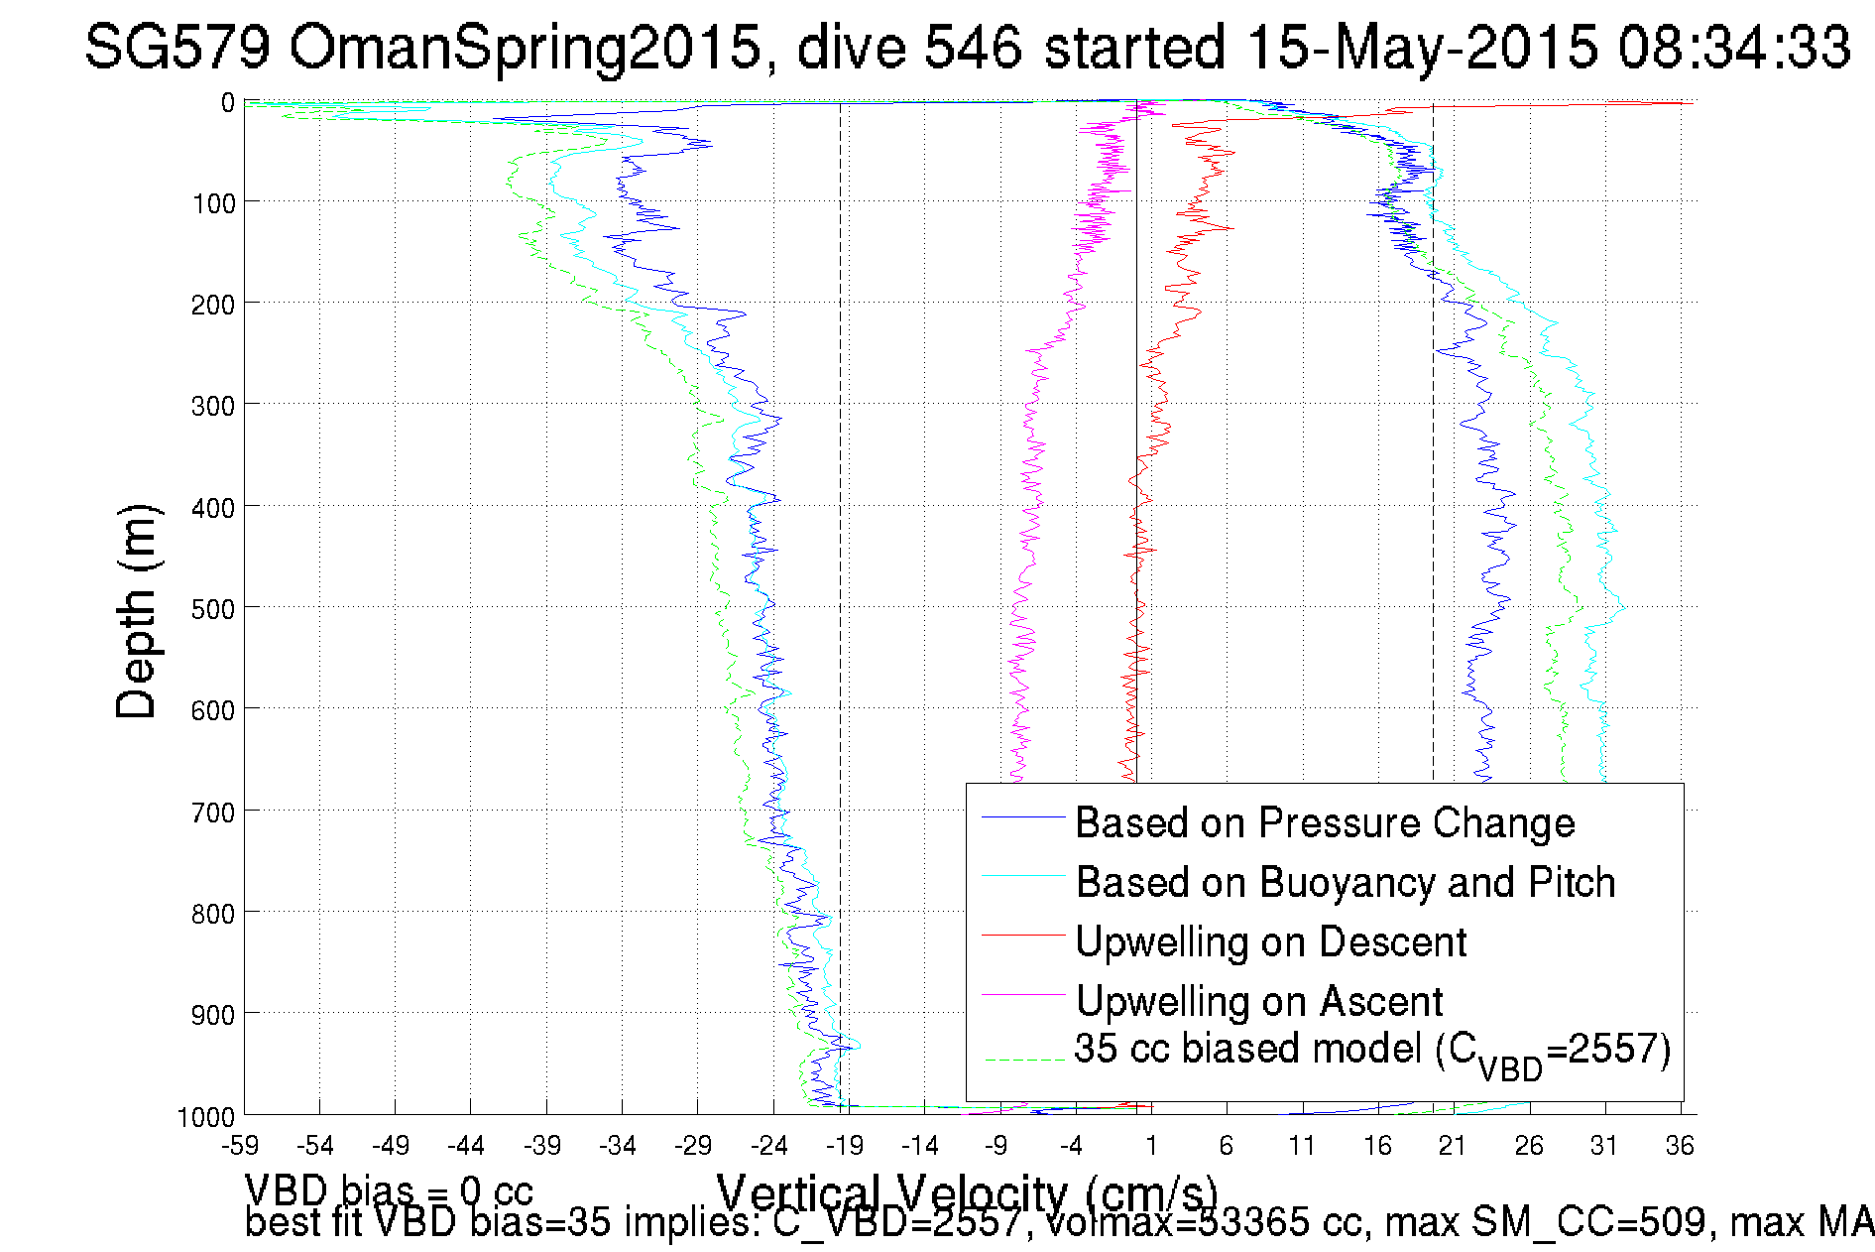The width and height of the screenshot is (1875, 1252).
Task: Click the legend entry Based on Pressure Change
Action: click(1325, 822)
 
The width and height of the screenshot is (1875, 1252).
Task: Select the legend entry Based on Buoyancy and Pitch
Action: click(1346, 882)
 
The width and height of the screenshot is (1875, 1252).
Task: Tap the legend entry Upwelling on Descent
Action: click(1271, 941)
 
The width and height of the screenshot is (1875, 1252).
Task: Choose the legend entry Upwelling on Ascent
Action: click(1259, 1001)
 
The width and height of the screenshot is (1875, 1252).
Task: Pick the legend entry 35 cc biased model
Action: click(1372, 1051)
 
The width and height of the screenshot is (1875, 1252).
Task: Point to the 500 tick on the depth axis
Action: click(213, 608)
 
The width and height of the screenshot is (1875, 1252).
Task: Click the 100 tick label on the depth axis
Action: click(213, 203)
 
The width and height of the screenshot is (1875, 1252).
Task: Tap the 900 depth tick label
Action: click(213, 1014)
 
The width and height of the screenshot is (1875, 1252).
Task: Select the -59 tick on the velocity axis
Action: click(241, 1145)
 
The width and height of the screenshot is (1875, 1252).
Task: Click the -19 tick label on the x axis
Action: click(845, 1145)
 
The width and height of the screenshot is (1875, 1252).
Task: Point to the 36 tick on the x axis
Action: click(1680, 1145)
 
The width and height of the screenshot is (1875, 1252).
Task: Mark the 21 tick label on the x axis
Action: click(1453, 1145)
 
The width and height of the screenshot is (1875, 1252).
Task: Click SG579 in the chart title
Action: click(176, 47)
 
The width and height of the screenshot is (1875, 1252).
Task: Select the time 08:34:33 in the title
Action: click(1734, 47)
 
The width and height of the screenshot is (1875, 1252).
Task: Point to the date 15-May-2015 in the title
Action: click(1421, 47)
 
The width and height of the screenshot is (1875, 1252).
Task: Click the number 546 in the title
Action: click(973, 47)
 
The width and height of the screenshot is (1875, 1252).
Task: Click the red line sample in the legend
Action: click(1022, 935)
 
